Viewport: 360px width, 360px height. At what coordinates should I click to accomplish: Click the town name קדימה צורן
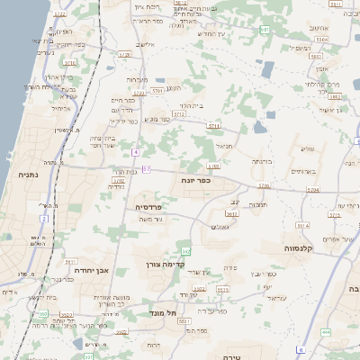pos(164,265)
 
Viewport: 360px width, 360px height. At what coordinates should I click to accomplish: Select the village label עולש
pos(307,149)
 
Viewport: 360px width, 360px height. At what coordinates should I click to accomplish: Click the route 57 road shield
pos(146,169)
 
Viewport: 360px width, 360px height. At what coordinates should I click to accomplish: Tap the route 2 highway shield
pos(43,218)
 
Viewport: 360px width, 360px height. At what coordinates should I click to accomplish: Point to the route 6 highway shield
pos(301,350)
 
